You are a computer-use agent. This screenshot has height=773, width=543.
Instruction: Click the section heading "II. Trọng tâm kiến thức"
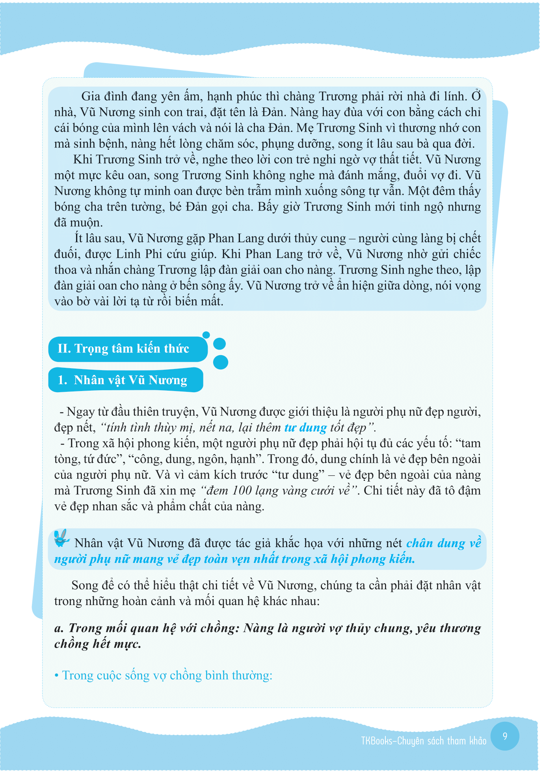123,349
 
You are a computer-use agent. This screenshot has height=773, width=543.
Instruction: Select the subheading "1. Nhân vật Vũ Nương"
123,380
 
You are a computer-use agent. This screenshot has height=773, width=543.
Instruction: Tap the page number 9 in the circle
505,736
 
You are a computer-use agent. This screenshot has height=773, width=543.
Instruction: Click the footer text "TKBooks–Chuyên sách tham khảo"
424,741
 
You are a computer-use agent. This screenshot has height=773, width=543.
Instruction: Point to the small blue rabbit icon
61,538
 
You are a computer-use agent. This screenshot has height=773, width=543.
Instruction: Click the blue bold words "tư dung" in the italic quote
305,428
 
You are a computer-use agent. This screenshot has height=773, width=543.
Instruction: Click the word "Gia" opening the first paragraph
90,97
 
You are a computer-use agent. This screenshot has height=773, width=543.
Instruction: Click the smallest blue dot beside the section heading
206,335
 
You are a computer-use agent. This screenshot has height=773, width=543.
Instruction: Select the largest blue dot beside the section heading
221,362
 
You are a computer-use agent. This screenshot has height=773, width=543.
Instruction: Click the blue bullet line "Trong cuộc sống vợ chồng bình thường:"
167,676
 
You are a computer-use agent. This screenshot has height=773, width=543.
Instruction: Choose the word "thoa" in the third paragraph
66,270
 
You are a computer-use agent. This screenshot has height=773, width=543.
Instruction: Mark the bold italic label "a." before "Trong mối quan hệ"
60,628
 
